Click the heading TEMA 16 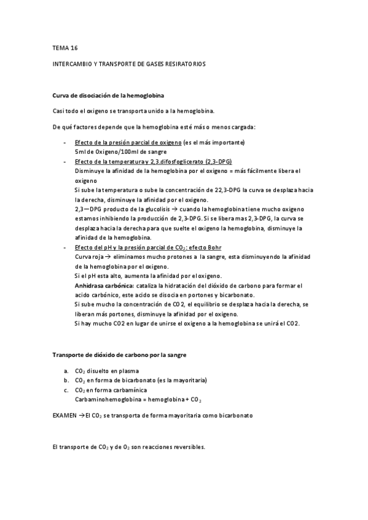point(66,47)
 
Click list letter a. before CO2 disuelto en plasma point(66,371)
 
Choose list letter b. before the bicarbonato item point(66,380)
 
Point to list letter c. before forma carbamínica point(66,390)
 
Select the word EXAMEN point(65,415)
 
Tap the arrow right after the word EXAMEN point(82,415)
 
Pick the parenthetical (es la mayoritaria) point(181,380)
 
